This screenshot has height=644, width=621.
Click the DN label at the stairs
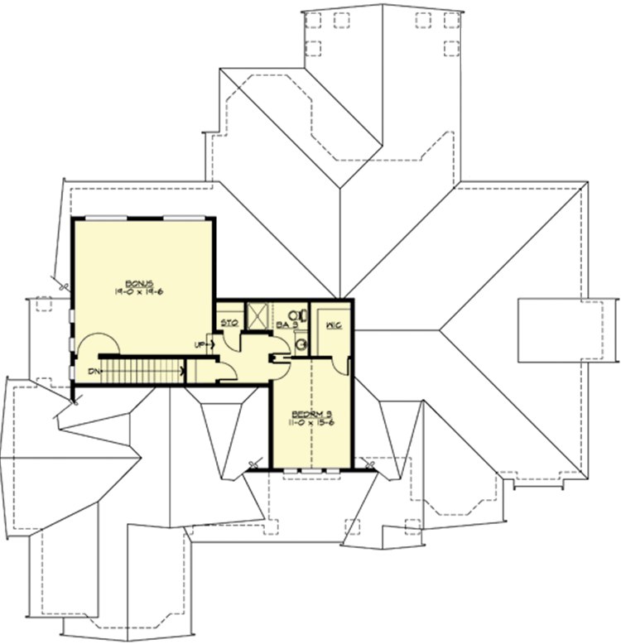tap(94, 371)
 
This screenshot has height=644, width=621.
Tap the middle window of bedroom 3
tap(311, 470)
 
